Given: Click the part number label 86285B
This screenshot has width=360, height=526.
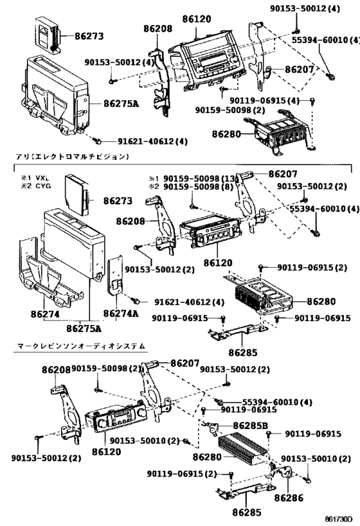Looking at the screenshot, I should tap(251, 425).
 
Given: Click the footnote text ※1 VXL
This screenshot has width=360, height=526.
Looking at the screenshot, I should tap(34, 178).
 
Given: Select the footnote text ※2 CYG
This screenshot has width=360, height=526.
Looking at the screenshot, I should tap(34, 186).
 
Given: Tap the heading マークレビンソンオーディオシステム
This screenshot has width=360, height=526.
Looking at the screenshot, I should tap(80, 346).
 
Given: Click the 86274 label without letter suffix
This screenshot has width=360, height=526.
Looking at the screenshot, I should tap(43, 313).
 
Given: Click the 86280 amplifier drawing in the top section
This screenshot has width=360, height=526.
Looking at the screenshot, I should tap(280, 132).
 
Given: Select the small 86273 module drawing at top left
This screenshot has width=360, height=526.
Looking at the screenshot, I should tap(46, 37).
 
